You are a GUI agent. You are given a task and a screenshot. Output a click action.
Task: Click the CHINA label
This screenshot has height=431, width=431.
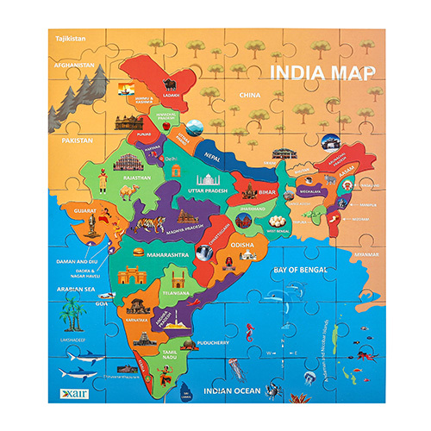pyautogui.click(x=250, y=94)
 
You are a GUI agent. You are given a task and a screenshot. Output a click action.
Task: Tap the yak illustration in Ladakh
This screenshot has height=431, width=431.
pyautogui.click(x=169, y=84)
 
